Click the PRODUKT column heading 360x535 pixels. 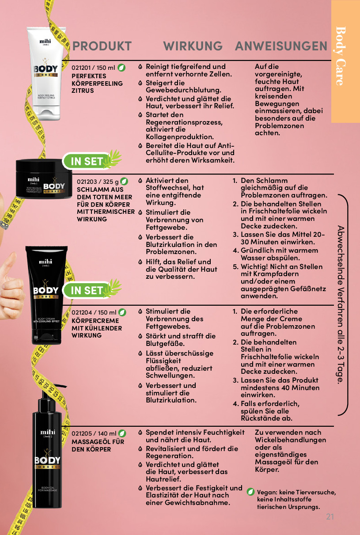click(102, 46)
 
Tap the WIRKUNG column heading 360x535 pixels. click(193, 46)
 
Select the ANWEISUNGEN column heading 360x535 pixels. click(281, 46)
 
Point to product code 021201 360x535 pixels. click(81, 68)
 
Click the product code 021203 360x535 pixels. click(87, 182)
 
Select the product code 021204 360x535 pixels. click(81, 312)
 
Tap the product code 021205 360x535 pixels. click(81, 433)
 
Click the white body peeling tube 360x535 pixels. click(46, 73)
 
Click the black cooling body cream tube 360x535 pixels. click(46, 295)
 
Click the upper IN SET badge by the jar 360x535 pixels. click(92, 160)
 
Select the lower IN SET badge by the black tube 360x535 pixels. click(92, 289)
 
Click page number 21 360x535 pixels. click(330, 517)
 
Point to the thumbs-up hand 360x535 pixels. click(11, 287)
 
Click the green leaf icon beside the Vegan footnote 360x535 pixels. click(250, 492)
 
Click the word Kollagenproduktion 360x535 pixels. click(180, 137)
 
